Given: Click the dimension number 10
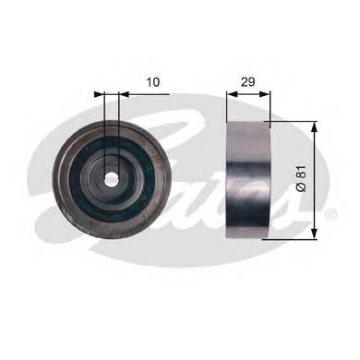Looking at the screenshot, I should [153, 82].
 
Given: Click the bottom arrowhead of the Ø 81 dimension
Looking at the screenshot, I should [316, 234].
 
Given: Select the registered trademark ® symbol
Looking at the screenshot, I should [330, 214].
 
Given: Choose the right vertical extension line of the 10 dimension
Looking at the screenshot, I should [121, 120].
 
